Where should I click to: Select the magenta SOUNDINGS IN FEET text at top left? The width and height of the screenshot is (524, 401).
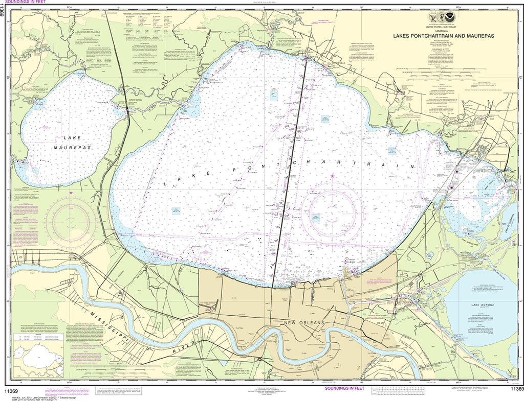(x=26, y=3)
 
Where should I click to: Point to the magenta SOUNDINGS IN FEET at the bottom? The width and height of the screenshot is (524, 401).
(x=345, y=389)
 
